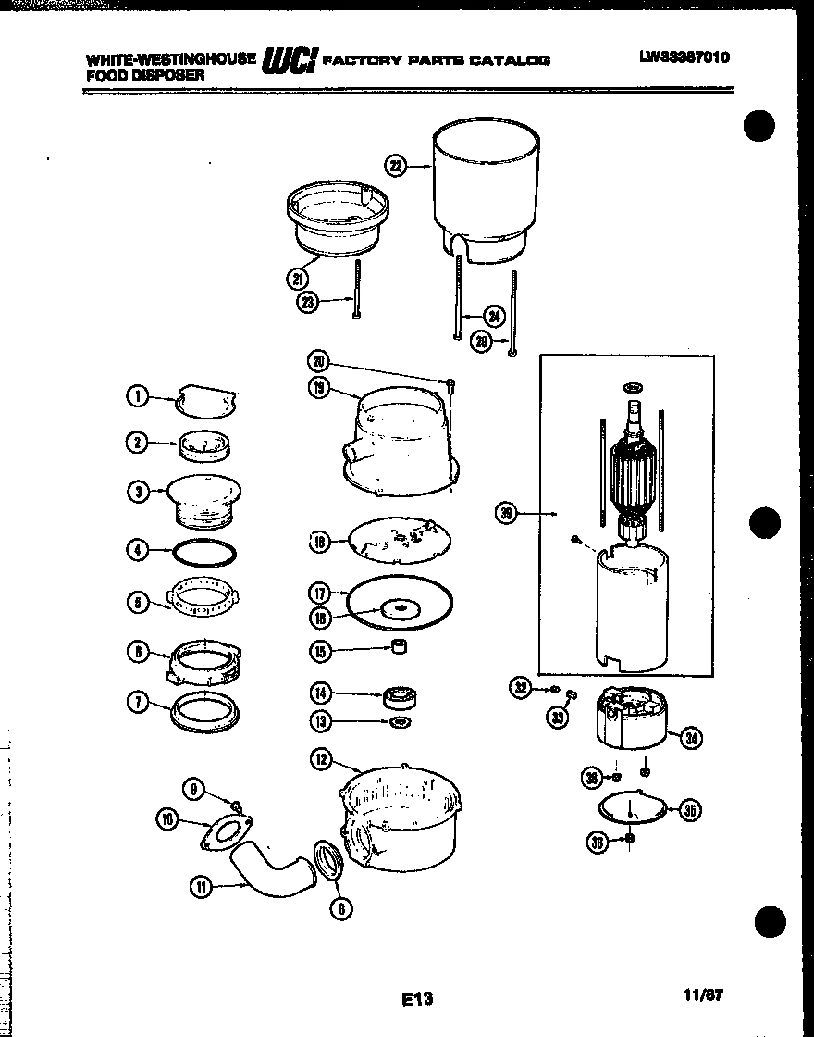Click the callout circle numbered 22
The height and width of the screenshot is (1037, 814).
pyautogui.click(x=396, y=166)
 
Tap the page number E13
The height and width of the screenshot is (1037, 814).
pyautogui.click(x=418, y=999)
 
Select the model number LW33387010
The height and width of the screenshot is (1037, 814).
pyautogui.click(x=684, y=57)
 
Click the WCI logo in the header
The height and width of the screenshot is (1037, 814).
pyautogui.click(x=290, y=60)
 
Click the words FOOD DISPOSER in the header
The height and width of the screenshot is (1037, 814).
pyautogui.click(x=145, y=76)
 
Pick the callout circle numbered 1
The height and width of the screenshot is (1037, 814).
pyautogui.click(x=137, y=397)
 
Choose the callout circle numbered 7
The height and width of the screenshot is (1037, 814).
pyautogui.click(x=137, y=703)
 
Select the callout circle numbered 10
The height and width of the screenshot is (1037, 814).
pyautogui.click(x=167, y=818)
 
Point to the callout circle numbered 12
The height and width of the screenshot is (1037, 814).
pyautogui.click(x=320, y=760)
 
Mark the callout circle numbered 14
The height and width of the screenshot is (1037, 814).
pyautogui.click(x=320, y=693)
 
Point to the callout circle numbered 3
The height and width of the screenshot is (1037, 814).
pyautogui.click(x=137, y=492)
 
